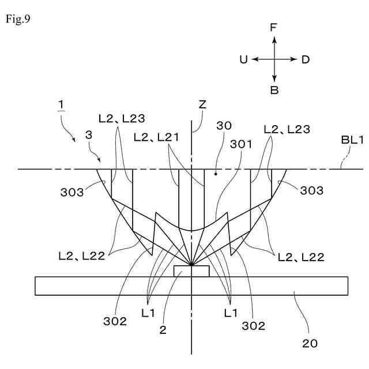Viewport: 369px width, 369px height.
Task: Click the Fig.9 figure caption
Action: coord(18,19)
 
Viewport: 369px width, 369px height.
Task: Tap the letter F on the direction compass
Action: coord(274,27)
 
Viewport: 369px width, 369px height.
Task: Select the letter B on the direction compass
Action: coord(274,90)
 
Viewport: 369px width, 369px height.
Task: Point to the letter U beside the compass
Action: coord(243,59)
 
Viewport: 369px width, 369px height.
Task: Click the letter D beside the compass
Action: coord(306,59)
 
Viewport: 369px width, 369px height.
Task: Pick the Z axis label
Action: coord(202,105)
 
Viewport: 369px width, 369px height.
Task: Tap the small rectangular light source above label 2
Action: coord(191,271)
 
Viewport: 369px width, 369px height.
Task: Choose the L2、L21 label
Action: coord(156,137)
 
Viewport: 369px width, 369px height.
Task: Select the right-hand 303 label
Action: coord(311,191)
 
